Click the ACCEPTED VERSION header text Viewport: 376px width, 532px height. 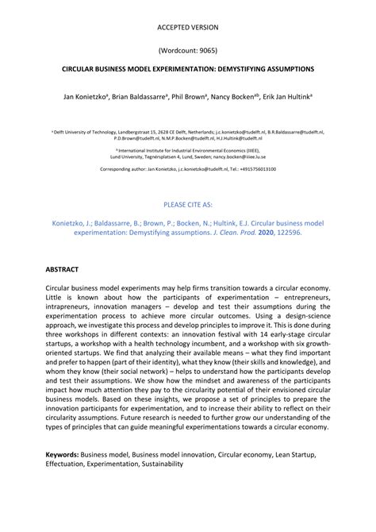pos(187,27)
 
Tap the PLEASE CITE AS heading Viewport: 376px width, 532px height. pos(187,204)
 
